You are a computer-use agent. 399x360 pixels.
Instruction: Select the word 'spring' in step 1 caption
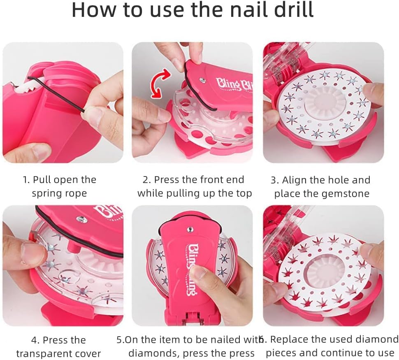coord(46,194)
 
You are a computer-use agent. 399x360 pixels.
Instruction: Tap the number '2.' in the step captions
coord(147,180)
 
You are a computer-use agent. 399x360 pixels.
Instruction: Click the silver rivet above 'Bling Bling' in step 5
coord(190,229)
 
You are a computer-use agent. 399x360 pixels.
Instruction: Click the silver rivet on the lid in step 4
coord(81,218)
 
